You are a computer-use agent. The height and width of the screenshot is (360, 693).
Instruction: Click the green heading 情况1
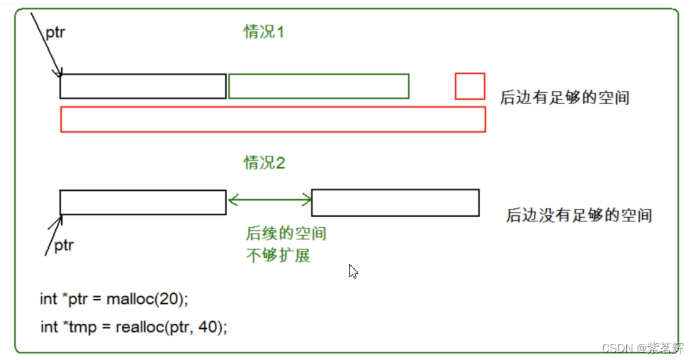[263, 32]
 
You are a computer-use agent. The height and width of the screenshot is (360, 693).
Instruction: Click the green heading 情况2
[264, 163]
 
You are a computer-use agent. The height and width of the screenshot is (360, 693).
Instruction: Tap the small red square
[469, 86]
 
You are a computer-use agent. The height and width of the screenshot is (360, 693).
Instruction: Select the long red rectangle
[273, 119]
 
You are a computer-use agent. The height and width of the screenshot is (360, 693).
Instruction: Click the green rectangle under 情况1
[318, 86]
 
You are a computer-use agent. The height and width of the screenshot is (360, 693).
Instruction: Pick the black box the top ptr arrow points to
[143, 86]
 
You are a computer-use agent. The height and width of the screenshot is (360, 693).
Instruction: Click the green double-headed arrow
[270, 200]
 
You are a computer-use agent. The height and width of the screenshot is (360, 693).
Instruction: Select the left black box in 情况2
[143, 202]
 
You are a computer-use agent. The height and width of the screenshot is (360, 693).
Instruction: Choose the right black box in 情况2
[395, 203]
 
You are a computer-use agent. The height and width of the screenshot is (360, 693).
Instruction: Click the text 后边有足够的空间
[564, 97]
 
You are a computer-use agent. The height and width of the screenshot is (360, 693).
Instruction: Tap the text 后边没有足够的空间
[579, 216]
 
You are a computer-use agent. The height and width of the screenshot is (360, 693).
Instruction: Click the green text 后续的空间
[286, 235]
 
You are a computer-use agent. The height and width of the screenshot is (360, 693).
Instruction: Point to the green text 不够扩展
[278, 255]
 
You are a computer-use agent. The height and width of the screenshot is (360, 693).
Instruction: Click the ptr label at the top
[55, 32]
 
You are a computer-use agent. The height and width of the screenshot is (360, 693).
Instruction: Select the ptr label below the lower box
[63, 245]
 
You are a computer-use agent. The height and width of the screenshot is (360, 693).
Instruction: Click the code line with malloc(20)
[114, 299]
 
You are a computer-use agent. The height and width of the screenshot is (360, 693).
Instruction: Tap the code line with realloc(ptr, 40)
[134, 326]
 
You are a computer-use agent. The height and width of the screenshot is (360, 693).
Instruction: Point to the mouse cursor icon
[353, 271]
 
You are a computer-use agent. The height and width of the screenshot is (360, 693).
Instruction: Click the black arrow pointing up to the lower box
[54, 235]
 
